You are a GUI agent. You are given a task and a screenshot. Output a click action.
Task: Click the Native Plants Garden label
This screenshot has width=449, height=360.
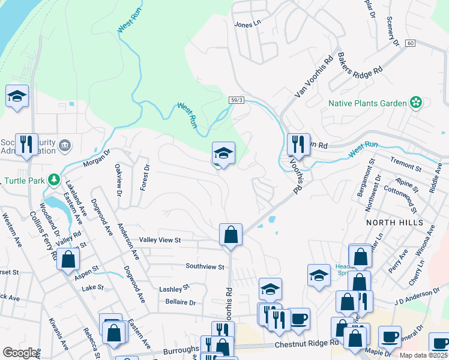[x=367, y=103]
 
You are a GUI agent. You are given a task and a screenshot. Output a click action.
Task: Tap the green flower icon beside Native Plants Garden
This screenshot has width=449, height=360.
[x=415, y=103]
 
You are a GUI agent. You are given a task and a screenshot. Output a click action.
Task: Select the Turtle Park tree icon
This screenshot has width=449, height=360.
[x=54, y=179]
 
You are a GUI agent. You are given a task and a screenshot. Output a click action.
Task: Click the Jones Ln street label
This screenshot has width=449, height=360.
[x=249, y=23]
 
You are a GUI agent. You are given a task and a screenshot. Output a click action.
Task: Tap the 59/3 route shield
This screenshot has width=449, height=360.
[x=236, y=100]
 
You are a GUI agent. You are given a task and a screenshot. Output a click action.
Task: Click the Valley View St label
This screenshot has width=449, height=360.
[x=160, y=240]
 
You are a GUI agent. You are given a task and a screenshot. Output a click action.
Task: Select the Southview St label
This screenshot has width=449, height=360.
[x=205, y=266]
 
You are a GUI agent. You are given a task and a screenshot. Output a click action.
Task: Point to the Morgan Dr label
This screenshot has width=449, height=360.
[x=97, y=158]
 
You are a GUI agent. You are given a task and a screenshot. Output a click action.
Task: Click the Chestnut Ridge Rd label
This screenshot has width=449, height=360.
[x=306, y=344]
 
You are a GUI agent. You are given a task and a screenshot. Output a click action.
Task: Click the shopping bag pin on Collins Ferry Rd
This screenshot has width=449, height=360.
[x=68, y=260]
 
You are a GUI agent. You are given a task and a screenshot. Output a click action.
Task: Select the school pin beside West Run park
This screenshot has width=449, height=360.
[x=223, y=154]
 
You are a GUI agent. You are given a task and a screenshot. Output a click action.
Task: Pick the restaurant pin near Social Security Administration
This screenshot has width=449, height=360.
[x=26, y=144]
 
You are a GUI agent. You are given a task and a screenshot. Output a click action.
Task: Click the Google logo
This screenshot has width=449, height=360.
[x=20, y=353]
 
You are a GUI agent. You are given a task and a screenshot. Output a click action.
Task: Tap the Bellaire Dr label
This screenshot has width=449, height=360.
[x=181, y=303]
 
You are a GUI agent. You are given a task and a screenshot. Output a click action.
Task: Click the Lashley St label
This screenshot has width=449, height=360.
[x=174, y=289]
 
